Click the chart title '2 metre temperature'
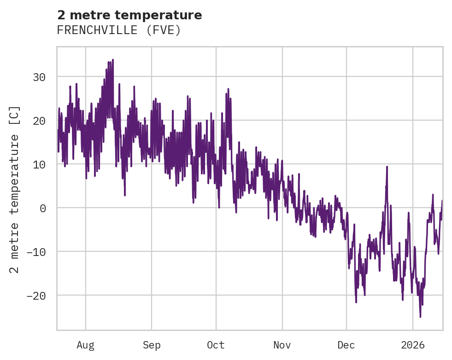coord(129,16)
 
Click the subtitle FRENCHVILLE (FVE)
coord(118,30)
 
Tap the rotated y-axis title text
coord(15,189)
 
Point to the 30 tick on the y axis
coord(39,77)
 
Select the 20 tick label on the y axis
coord(39,121)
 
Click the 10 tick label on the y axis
coord(39,164)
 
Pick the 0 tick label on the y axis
coord(43,208)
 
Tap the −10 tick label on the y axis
coord(35,252)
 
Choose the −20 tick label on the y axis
coord(35,296)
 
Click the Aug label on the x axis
coord(86,345)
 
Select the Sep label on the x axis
coord(152,345)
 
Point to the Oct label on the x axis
coord(216,345)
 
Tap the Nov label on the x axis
coord(282,345)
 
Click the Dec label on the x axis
coord(346,345)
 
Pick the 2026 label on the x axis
coord(413,345)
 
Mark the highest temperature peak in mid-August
coord(112,60)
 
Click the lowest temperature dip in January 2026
coord(420,317)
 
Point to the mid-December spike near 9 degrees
coord(387,167)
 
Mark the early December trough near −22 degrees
coord(356,302)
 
